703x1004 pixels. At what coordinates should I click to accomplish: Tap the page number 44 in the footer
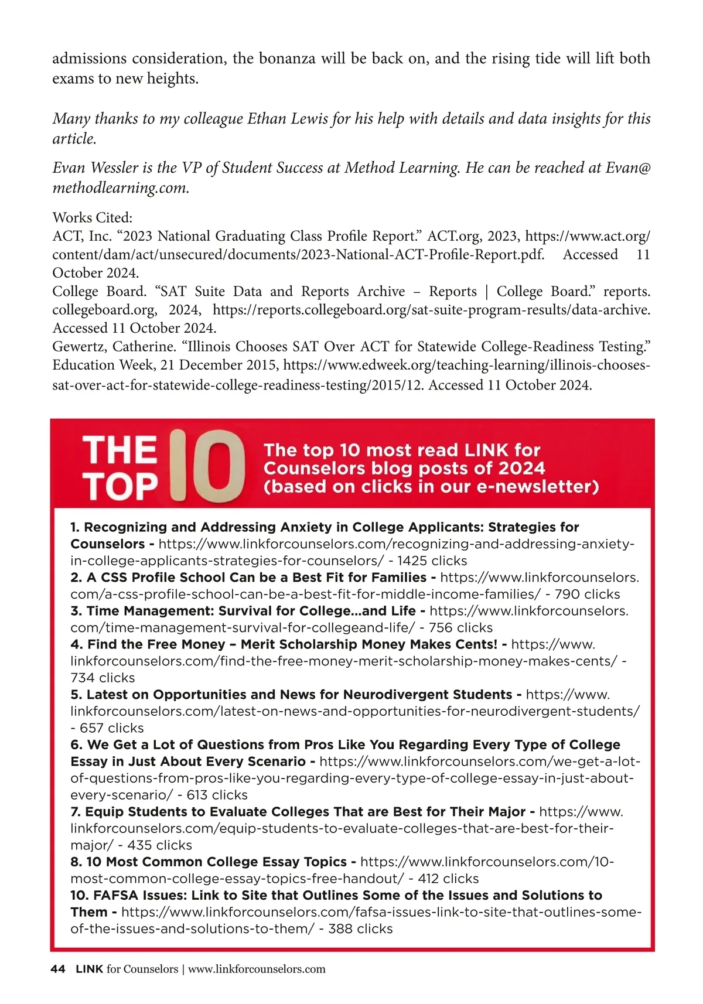(58, 969)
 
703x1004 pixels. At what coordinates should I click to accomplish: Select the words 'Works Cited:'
(93, 217)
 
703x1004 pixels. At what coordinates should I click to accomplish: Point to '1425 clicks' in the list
(432, 561)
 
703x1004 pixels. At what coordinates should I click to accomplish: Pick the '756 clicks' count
(460, 627)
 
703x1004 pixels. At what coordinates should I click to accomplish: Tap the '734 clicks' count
(103, 678)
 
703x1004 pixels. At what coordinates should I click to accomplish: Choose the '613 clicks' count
(217, 795)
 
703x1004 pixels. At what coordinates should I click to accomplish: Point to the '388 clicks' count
(360, 928)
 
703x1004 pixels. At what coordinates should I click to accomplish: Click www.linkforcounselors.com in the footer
(257, 969)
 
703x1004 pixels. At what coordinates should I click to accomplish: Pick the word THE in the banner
(120, 450)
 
